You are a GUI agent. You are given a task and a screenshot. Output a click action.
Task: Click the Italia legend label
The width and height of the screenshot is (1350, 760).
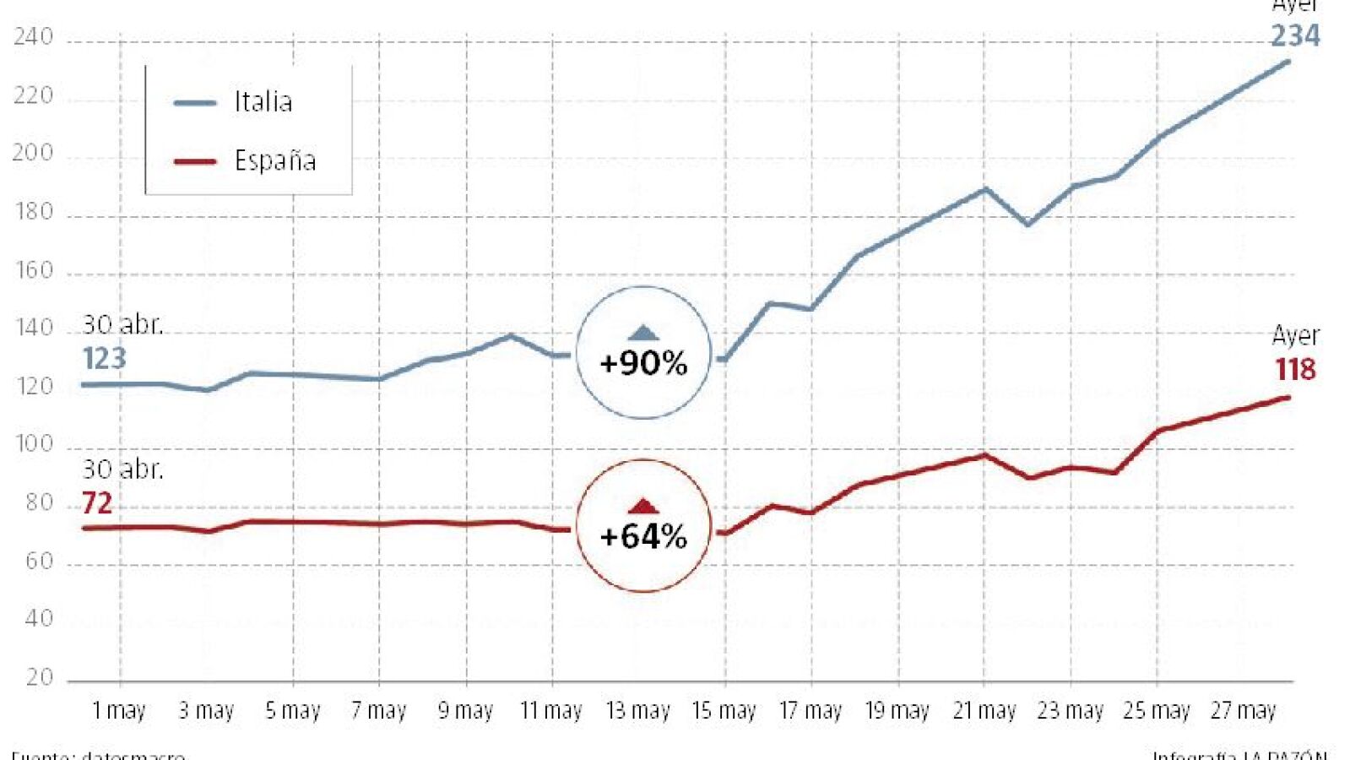263,102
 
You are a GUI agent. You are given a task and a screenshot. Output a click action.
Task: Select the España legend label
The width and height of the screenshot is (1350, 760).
275,160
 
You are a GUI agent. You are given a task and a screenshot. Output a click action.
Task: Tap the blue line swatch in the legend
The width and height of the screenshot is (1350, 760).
195,103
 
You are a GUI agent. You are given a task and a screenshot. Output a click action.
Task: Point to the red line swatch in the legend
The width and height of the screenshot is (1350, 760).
195,160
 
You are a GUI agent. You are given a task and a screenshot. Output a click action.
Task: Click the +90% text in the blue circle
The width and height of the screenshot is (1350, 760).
643,363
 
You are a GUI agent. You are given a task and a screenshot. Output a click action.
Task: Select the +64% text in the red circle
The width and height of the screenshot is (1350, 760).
643,536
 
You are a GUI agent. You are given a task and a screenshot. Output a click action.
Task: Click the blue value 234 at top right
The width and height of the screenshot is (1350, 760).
1295,36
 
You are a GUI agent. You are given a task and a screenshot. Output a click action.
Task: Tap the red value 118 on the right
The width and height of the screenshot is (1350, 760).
1295,370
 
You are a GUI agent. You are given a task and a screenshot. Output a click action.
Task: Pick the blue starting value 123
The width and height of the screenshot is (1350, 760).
104,359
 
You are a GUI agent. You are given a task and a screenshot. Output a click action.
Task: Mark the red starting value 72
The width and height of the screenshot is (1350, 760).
97,503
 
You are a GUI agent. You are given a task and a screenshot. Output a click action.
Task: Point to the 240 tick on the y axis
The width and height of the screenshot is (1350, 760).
33,38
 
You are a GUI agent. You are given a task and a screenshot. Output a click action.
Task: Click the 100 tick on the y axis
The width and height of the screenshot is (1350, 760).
34,444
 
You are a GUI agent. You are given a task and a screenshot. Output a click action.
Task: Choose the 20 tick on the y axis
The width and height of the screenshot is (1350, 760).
39,677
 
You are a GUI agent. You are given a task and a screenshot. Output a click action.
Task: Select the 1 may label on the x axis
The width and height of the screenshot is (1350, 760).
119,711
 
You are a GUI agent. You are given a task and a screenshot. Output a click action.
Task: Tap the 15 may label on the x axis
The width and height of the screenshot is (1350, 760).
724,711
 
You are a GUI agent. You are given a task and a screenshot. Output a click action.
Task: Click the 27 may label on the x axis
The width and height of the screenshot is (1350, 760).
1243,711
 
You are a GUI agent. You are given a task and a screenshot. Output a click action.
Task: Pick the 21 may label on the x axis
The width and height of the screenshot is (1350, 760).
984,711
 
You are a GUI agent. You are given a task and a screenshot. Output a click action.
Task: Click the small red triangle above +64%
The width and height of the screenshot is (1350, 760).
643,506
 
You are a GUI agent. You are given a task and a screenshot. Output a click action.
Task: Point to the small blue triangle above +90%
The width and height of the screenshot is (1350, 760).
643,333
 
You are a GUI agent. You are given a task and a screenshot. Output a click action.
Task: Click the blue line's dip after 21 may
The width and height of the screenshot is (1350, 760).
1027,224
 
